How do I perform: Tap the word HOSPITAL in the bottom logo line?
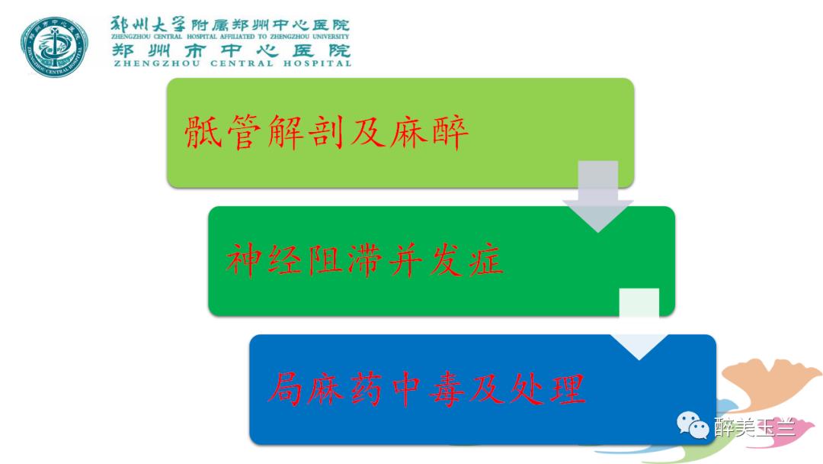point(316,63)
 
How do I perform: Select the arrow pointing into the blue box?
point(639,325)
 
